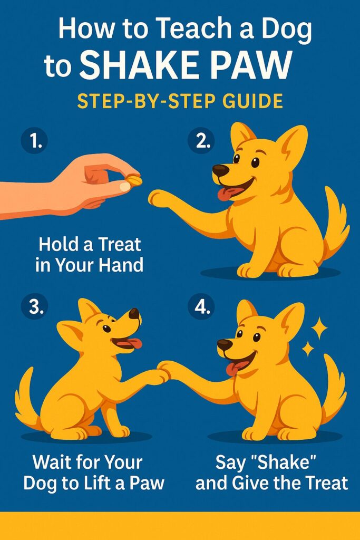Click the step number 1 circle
pyautogui.click(x=34, y=141)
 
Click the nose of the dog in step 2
pyautogui.click(x=220, y=170)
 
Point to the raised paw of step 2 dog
pyautogui.click(x=157, y=198)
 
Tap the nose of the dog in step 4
pyautogui.click(x=224, y=344)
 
